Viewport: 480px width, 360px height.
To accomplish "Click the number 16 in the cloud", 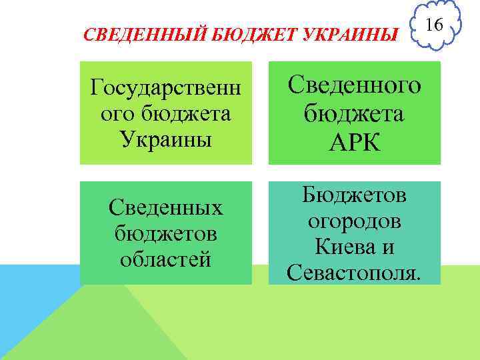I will tap(433, 25).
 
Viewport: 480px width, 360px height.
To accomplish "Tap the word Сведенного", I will tap(355, 85).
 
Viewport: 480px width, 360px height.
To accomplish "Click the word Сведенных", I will tap(166, 208).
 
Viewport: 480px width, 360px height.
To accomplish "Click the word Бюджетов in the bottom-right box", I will tap(355, 195).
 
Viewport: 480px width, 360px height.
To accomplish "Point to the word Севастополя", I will tap(355, 272).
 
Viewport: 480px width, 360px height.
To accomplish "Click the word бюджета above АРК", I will tap(355, 113).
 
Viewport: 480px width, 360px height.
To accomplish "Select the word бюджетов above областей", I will tap(166, 233).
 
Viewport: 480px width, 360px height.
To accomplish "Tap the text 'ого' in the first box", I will tap(113, 113).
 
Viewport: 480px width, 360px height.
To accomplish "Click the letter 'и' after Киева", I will tap(389, 247).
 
